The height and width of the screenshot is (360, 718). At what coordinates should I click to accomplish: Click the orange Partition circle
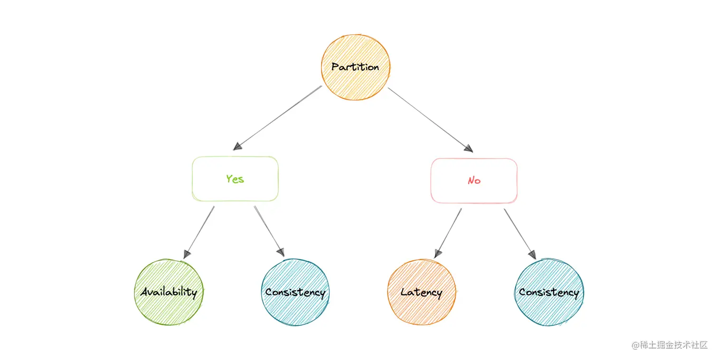point(355,67)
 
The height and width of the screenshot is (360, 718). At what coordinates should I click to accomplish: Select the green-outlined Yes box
point(235,179)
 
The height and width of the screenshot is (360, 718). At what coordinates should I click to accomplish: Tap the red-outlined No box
point(474,180)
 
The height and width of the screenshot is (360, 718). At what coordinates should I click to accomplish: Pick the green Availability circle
point(169,292)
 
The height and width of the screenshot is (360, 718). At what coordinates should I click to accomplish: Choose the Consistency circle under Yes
point(295,292)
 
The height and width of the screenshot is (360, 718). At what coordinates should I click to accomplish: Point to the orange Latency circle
point(421,292)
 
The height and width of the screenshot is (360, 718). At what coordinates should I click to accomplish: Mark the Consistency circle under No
point(549,292)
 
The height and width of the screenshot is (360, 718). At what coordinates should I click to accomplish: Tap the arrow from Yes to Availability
point(199,232)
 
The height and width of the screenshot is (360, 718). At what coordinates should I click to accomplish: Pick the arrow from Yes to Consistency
point(269,231)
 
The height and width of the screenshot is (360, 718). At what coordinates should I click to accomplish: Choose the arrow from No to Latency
point(448,233)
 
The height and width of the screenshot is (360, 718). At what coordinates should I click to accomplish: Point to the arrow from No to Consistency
point(520,233)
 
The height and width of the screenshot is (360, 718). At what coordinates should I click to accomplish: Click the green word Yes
point(235,179)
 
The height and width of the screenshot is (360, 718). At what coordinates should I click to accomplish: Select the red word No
point(474,180)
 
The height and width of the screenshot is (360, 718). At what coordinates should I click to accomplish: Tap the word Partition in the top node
point(355,67)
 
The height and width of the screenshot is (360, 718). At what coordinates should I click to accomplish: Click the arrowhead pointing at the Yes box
point(237,146)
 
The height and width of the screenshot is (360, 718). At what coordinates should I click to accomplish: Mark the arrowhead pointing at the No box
point(469,148)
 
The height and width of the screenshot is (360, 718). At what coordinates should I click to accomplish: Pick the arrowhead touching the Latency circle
point(437,253)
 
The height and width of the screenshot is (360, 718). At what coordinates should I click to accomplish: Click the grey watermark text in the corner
point(670,345)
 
